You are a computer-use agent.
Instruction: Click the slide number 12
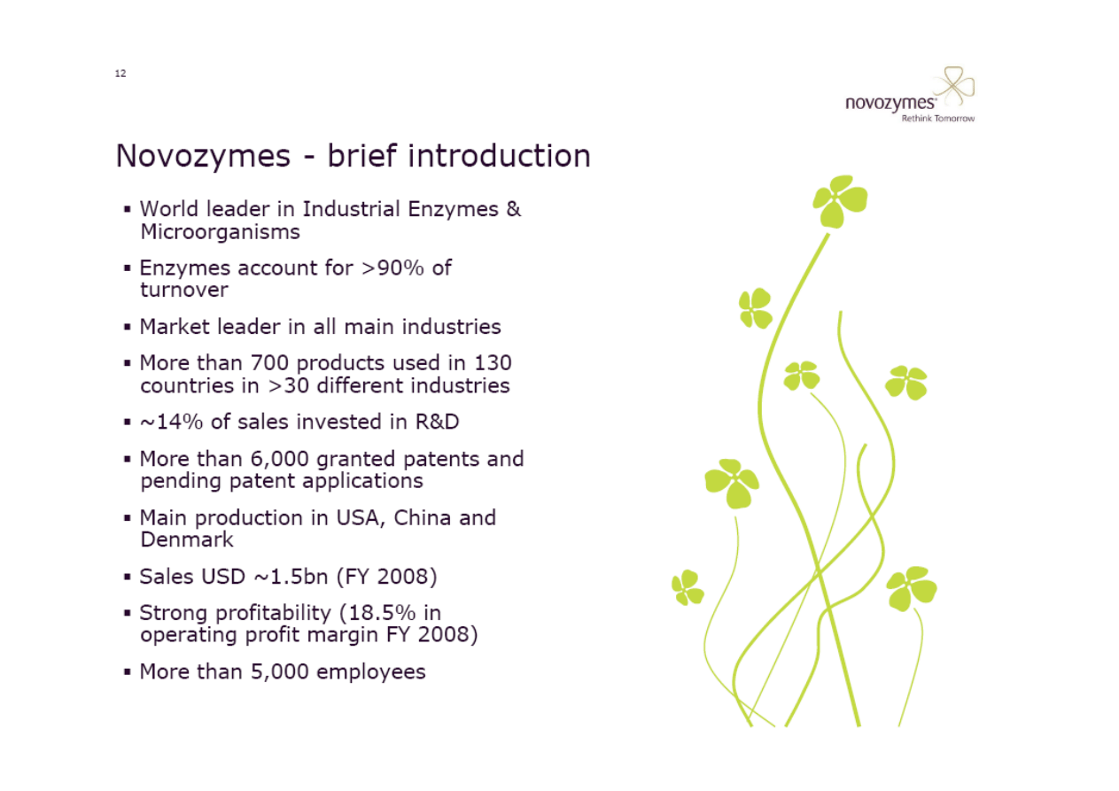tap(120, 74)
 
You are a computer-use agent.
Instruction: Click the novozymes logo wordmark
tap(890, 104)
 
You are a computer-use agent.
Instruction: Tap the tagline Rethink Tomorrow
tap(937, 119)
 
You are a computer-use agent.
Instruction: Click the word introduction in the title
tap(499, 155)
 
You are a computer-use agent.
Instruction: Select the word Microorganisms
tap(220, 232)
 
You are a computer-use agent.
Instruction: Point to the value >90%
tap(392, 268)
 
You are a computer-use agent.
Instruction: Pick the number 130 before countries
tap(493, 362)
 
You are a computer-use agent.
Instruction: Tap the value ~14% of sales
tap(171, 422)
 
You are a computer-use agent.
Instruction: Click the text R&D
tap(437, 422)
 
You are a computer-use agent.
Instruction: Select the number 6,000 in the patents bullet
tap(279, 459)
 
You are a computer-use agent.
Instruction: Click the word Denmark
tap(187, 539)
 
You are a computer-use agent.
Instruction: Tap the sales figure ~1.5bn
tap(291, 577)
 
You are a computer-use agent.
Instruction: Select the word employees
tap(370, 672)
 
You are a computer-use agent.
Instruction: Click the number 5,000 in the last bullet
tap(279, 672)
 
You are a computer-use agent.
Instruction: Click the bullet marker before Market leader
tap(128, 327)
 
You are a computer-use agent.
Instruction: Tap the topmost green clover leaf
tap(840, 200)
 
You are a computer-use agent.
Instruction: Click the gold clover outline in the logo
tap(953, 86)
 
